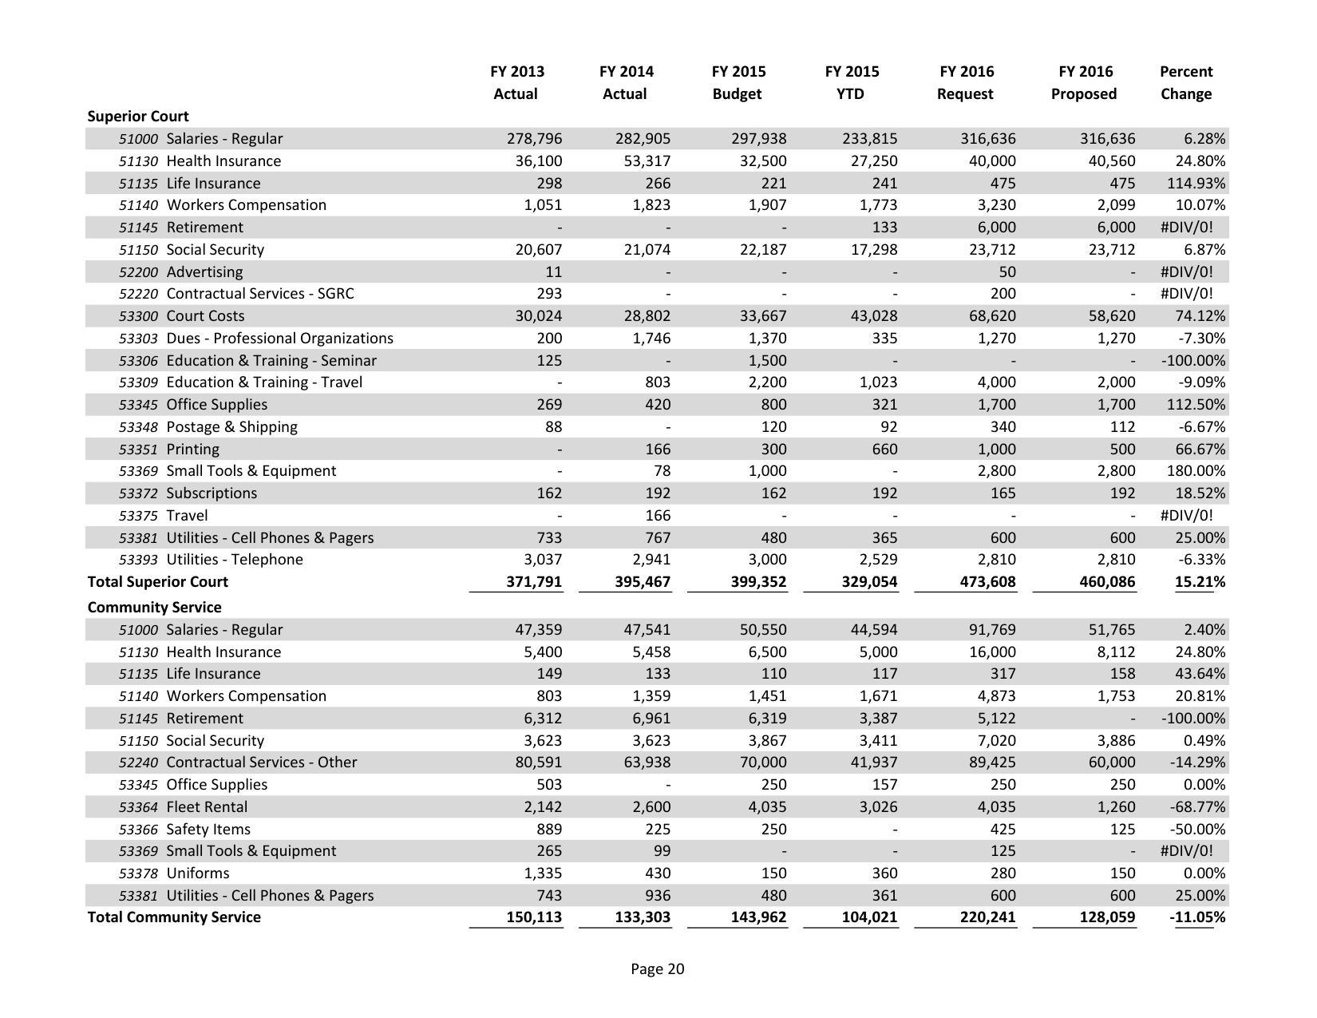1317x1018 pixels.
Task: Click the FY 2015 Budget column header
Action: pos(738,82)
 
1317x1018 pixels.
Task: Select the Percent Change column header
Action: pos(1185,82)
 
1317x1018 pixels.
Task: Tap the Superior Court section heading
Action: pos(138,117)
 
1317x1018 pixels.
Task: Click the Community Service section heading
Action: pos(154,608)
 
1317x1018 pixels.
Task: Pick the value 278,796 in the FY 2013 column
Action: pos(534,139)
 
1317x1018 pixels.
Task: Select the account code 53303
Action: pos(138,339)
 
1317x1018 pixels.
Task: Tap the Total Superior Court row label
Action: pos(157,582)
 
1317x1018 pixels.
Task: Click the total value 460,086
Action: pos(1106,582)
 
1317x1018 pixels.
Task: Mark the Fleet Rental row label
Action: pos(207,807)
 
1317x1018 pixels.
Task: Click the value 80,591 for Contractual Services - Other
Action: pos(538,763)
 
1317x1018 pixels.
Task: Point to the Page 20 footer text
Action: pos(657,969)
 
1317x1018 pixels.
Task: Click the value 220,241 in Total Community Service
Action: pos(987,917)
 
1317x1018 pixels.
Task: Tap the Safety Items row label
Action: pos(208,830)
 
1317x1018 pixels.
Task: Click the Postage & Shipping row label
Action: pos(231,427)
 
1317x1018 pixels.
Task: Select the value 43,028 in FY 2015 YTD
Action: pos(873,316)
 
